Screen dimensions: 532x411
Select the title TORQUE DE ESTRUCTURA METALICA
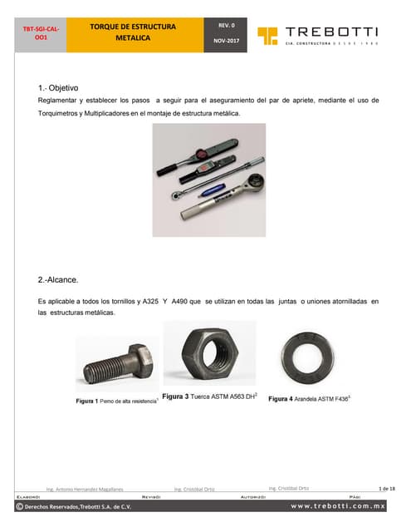[133, 32]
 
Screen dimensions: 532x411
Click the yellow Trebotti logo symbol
[267, 35]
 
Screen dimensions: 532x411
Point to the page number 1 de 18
[387, 487]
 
